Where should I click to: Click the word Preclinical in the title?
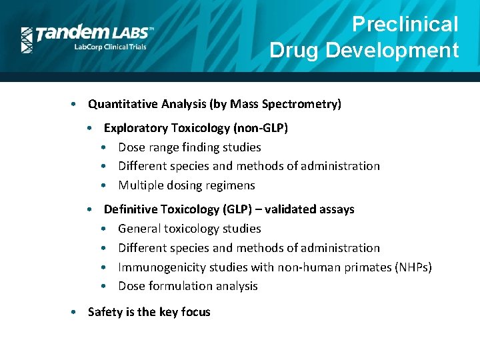click(x=405, y=25)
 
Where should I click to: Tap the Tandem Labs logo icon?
click(x=27, y=39)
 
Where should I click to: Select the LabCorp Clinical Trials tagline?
click(x=109, y=47)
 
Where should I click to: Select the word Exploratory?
click(x=137, y=128)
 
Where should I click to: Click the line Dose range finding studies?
click(x=189, y=147)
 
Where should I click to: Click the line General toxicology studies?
click(x=189, y=229)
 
